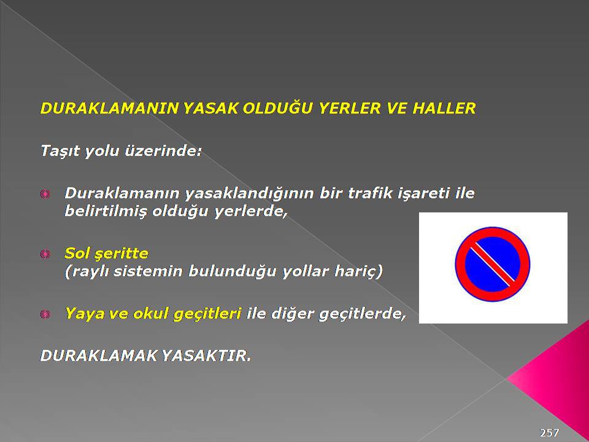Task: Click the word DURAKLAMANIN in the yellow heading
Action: tap(109, 108)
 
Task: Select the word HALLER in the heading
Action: tap(444, 108)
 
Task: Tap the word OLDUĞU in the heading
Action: tap(277, 107)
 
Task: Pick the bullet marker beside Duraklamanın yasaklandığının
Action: tap(45, 194)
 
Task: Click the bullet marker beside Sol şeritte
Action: tap(45, 254)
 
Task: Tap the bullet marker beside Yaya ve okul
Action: tap(45, 314)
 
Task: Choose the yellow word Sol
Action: tap(76, 253)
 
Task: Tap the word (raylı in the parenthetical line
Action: tap(87, 271)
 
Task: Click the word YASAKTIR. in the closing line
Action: tap(206, 355)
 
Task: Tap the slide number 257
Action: tap(549, 433)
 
